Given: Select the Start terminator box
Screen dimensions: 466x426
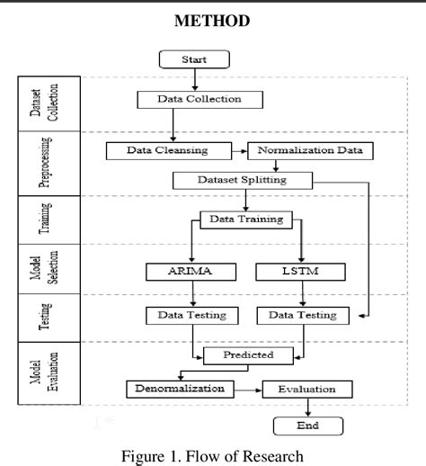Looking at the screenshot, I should [193, 60].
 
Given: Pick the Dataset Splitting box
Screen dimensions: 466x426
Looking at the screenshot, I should [243, 180].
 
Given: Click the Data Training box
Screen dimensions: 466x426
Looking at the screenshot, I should [244, 219].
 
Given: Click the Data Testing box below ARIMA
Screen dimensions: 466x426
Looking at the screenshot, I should [192, 315].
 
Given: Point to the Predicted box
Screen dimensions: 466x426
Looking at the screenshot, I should [249, 356].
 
